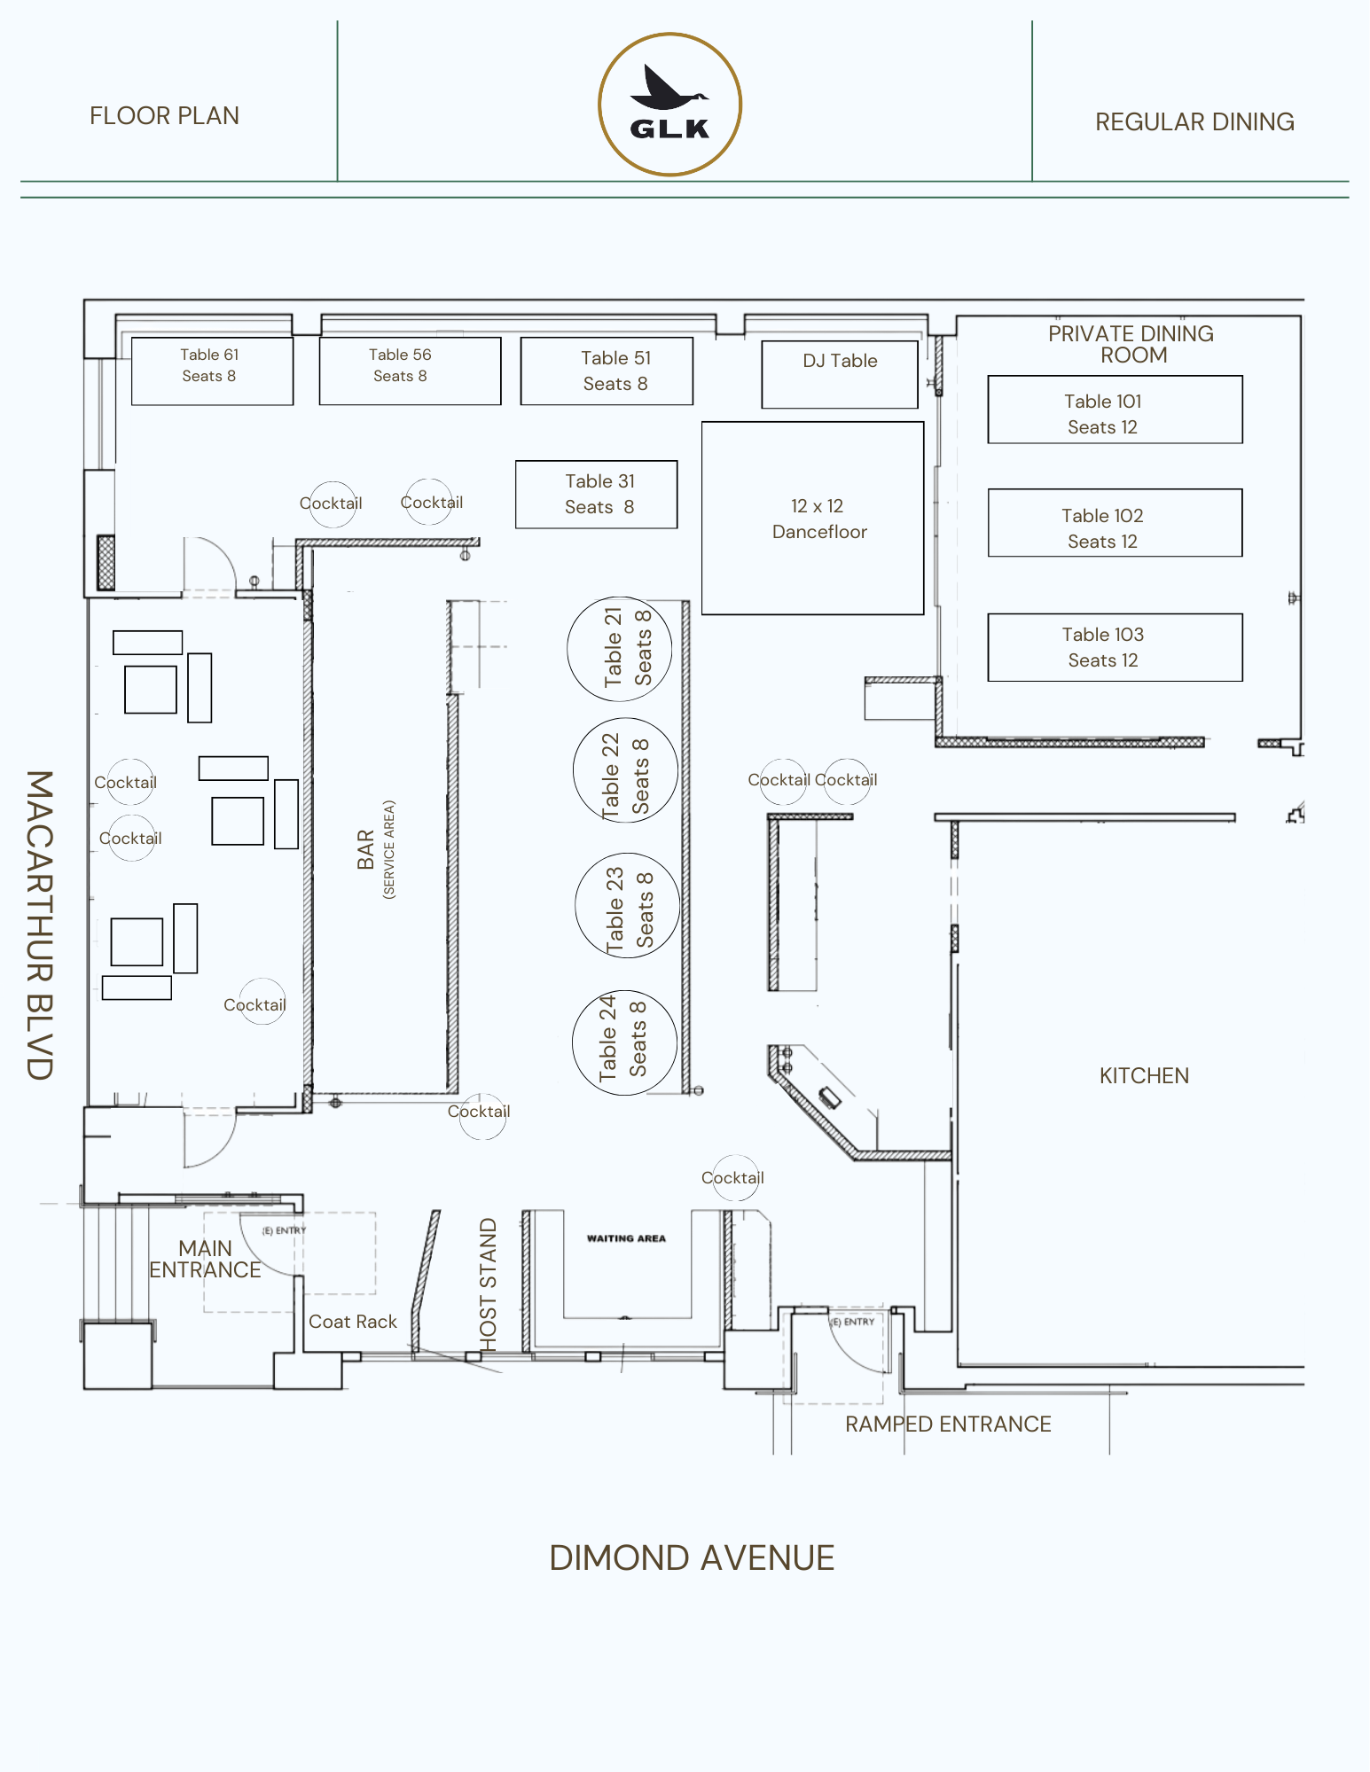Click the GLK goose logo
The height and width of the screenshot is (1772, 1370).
click(670, 105)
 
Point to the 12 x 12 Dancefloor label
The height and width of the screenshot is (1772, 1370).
click(819, 519)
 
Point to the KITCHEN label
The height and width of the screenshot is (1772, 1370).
click(1144, 1075)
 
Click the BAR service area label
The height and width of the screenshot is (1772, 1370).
click(376, 849)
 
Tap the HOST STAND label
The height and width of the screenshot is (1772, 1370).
click(488, 1284)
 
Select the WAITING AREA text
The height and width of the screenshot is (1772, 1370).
click(626, 1238)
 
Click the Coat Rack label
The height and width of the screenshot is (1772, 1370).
click(353, 1322)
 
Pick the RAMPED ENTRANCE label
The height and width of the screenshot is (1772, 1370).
click(948, 1424)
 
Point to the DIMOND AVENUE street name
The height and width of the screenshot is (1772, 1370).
click(692, 1557)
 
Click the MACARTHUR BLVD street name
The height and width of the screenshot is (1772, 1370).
click(40, 925)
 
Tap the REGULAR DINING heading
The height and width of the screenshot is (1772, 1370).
click(1194, 121)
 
